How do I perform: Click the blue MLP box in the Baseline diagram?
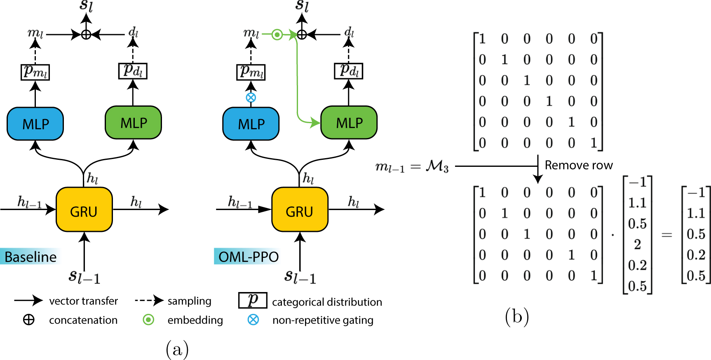[x=35, y=124]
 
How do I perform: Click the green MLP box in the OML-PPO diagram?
[x=349, y=123]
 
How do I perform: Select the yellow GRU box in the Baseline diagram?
[x=84, y=210]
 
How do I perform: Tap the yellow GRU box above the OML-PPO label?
[x=300, y=210]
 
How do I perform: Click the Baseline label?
[x=31, y=257]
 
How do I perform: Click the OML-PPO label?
[x=248, y=257]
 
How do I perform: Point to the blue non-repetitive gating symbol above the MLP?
[x=251, y=98]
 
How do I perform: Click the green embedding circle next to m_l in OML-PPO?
[x=277, y=35]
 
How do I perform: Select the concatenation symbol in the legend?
[x=29, y=320]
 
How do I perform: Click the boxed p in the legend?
[x=253, y=300]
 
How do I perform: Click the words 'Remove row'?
[x=578, y=165]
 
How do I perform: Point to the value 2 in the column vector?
[x=637, y=244]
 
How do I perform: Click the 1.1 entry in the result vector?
[x=696, y=213]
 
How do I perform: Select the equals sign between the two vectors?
[x=666, y=235]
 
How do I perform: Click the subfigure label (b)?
[x=517, y=317]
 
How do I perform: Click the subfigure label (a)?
[x=177, y=349]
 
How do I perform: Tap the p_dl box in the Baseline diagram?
[x=133, y=71]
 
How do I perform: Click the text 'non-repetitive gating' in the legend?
[x=323, y=320]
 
